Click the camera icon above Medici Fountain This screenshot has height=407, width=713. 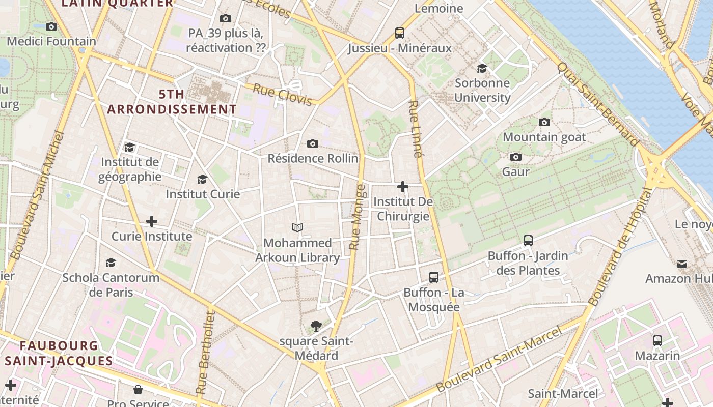click(x=51, y=26)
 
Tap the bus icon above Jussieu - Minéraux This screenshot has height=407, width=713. click(x=400, y=33)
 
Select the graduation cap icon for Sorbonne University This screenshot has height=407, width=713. click(x=482, y=68)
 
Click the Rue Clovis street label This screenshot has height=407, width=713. click(x=283, y=95)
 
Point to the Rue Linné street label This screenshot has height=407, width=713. click(x=416, y=129)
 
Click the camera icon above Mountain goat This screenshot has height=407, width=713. click(x=544, y=122)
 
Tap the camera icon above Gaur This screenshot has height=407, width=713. click(x=516, y=157)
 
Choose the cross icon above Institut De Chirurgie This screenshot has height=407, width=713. click(x=403, y=187)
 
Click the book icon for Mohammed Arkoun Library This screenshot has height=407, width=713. click(x=297, y=227)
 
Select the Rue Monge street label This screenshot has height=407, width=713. click(x=358, y=217)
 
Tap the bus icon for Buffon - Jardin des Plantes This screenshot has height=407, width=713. click(x=528, y=241)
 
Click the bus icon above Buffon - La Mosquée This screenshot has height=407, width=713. click(x=434, y=277)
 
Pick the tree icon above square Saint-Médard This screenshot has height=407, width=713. click(x=316, y=326)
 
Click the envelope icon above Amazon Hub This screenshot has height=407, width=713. click(x=681, y=264)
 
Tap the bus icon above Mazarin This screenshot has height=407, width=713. click(x=657, y=340)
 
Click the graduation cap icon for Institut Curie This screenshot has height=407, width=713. click(x=203, y=179)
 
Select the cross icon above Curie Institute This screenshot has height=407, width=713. click(x=152, y=221)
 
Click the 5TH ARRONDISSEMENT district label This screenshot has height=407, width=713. click(x=172, y=102)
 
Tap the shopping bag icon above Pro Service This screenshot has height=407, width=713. click(x=138, y=390)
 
